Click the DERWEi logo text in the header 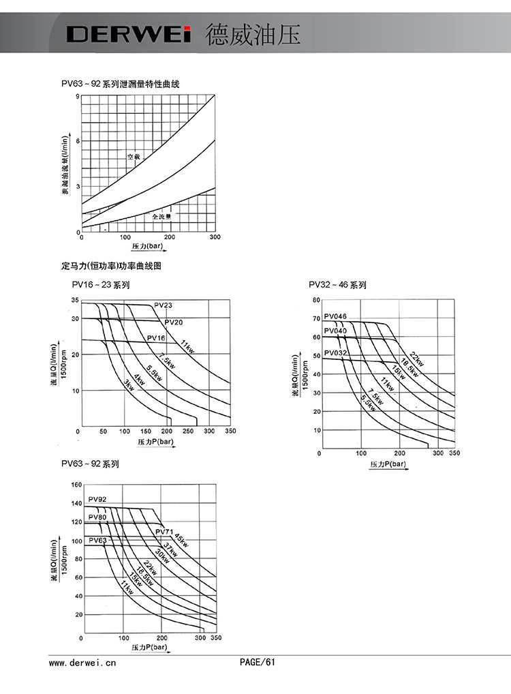(x=129, y=34)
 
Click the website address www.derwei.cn (x=82, y=662)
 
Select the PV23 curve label (x=164, y=305)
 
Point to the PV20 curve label (x=173, y=322)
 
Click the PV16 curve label (x=156, y=338)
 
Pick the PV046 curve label (x=335, y=316)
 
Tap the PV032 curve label (x=335, y=352)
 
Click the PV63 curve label (x=98, y=541)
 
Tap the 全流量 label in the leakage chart (x=161, y=215)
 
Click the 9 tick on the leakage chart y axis (x=78, y=96)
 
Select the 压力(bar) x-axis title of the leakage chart (x=148, y=245)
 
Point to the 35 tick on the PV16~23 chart (x=74, y=301)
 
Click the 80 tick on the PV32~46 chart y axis (x=316, y=300)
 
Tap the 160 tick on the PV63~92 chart (x=76, y=485)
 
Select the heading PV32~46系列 (x=337, y=285)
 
